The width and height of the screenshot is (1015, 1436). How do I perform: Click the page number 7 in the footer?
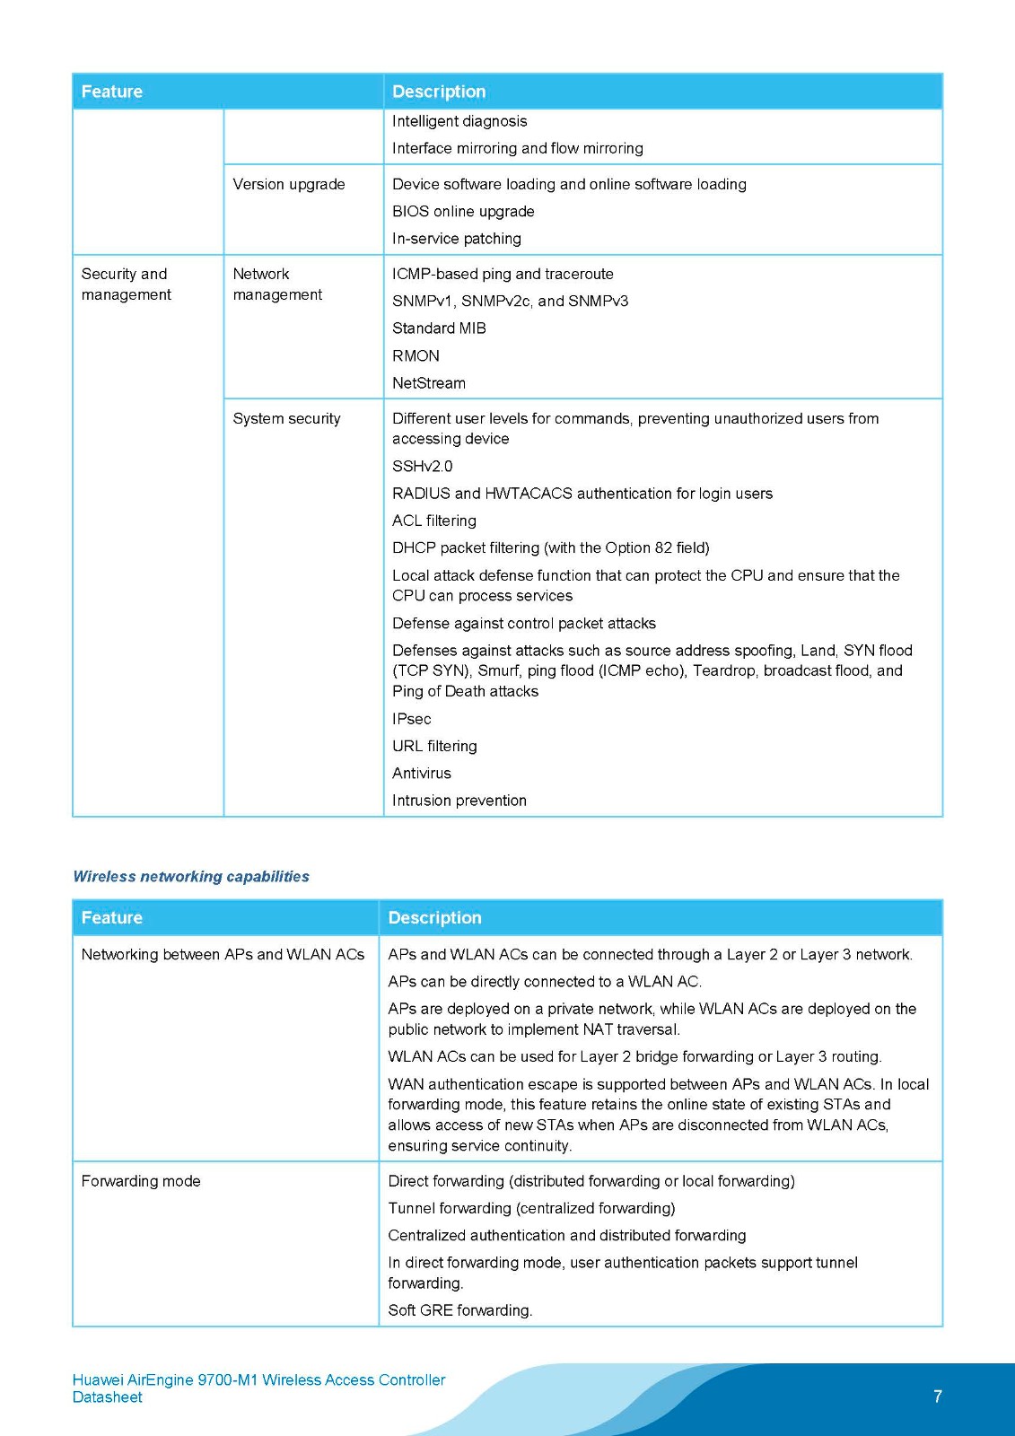pos(938,1397)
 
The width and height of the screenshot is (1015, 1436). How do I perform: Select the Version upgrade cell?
pos(289,184)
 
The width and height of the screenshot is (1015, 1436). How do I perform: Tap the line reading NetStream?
pos(429,383)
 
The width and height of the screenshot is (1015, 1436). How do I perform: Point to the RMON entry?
pos(416,356)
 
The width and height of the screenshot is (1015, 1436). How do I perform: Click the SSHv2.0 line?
pos(422,467)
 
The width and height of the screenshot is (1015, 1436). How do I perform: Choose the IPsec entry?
pos(411,719)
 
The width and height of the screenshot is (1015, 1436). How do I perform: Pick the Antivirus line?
pos(422,774)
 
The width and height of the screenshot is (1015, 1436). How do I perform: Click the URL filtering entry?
pos(434,747)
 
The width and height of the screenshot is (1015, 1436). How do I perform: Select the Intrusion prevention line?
pos(459,801)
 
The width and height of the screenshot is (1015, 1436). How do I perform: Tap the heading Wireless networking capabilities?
pos(191,877)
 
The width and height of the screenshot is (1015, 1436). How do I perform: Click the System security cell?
pos(286,418)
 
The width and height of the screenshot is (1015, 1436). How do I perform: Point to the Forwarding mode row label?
pos(141,1181)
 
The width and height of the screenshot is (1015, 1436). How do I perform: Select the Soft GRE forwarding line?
pos(460,1310)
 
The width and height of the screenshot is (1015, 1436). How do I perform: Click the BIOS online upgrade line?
pos(463,212)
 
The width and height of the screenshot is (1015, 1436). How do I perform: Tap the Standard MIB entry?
pos(439,328)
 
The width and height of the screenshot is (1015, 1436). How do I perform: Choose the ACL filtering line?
pos(434,521)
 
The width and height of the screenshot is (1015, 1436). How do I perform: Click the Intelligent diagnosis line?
pos(459,121)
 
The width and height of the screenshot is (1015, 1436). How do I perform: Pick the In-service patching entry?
pos(457,239)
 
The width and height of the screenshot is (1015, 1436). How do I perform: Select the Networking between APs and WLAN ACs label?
pos(223,954)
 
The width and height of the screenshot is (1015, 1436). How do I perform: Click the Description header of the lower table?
pos(435,918)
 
